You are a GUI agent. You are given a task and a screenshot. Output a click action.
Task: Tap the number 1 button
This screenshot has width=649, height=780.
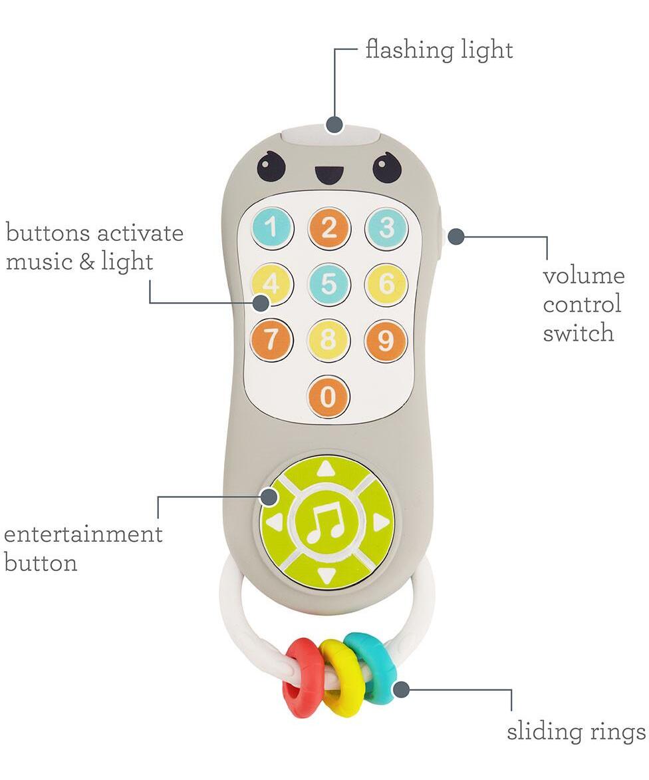click(x=271, y=228)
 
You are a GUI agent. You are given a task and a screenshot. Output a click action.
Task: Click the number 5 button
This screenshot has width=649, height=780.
click(x=329, y=284)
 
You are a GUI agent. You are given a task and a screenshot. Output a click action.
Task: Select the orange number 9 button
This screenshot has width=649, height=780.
click(x=386, y=340)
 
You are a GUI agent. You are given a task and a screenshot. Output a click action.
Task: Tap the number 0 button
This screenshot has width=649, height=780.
click(x=328, y=397)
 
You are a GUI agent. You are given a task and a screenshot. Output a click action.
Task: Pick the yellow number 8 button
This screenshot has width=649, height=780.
click(x=328, y=340)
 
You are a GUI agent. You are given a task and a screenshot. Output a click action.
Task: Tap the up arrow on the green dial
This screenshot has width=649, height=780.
click(x=325, y=469)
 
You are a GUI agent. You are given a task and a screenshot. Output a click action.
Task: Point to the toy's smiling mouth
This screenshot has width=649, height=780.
click(x=327, y=174)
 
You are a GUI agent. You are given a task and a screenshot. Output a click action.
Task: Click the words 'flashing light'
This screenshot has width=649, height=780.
click(x=440, y=51)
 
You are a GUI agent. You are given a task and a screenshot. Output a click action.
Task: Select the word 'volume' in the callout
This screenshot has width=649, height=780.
click(x=583, y=276)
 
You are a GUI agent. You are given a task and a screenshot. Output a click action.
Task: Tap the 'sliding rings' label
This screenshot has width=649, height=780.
click(x=577, y=731)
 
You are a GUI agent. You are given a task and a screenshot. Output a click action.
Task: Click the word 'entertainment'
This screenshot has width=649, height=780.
click(x=83, y=534)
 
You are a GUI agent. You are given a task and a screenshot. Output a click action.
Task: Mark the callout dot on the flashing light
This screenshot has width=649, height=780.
click(x=335, y=124)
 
